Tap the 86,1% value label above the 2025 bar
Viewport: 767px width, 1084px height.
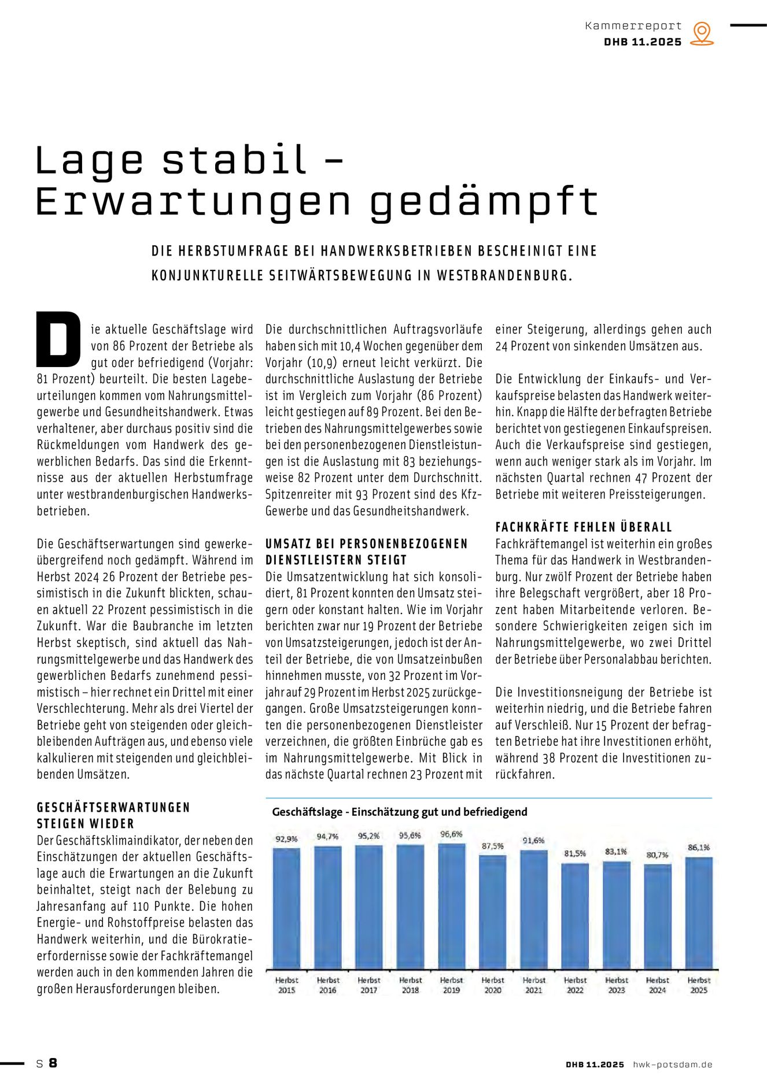click(699, 847)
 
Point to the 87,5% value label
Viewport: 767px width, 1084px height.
click(493, 846)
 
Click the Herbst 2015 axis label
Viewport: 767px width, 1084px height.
click(286, 985)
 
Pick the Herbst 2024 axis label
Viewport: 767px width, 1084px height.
click(657, 985)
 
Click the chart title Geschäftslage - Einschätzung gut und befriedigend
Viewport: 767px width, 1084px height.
click(400, 812)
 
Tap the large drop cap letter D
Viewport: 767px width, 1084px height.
click(58, 339)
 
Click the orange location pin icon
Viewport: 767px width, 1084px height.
click(702, 33)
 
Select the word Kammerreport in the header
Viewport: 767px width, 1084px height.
click(633, 25)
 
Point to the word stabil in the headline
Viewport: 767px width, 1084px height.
click(234, 160)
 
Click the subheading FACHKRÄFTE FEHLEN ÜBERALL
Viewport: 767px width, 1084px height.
click(584, 527)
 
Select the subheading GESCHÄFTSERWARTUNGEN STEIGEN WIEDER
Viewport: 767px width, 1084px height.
click(113, 815)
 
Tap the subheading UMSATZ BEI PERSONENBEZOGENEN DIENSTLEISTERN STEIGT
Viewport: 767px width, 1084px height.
click(366, 552)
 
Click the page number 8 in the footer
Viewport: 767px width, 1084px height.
click(53, 1063)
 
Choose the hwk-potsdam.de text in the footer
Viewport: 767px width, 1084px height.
click(672, 1064)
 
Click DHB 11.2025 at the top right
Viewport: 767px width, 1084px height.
click(643, 42)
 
